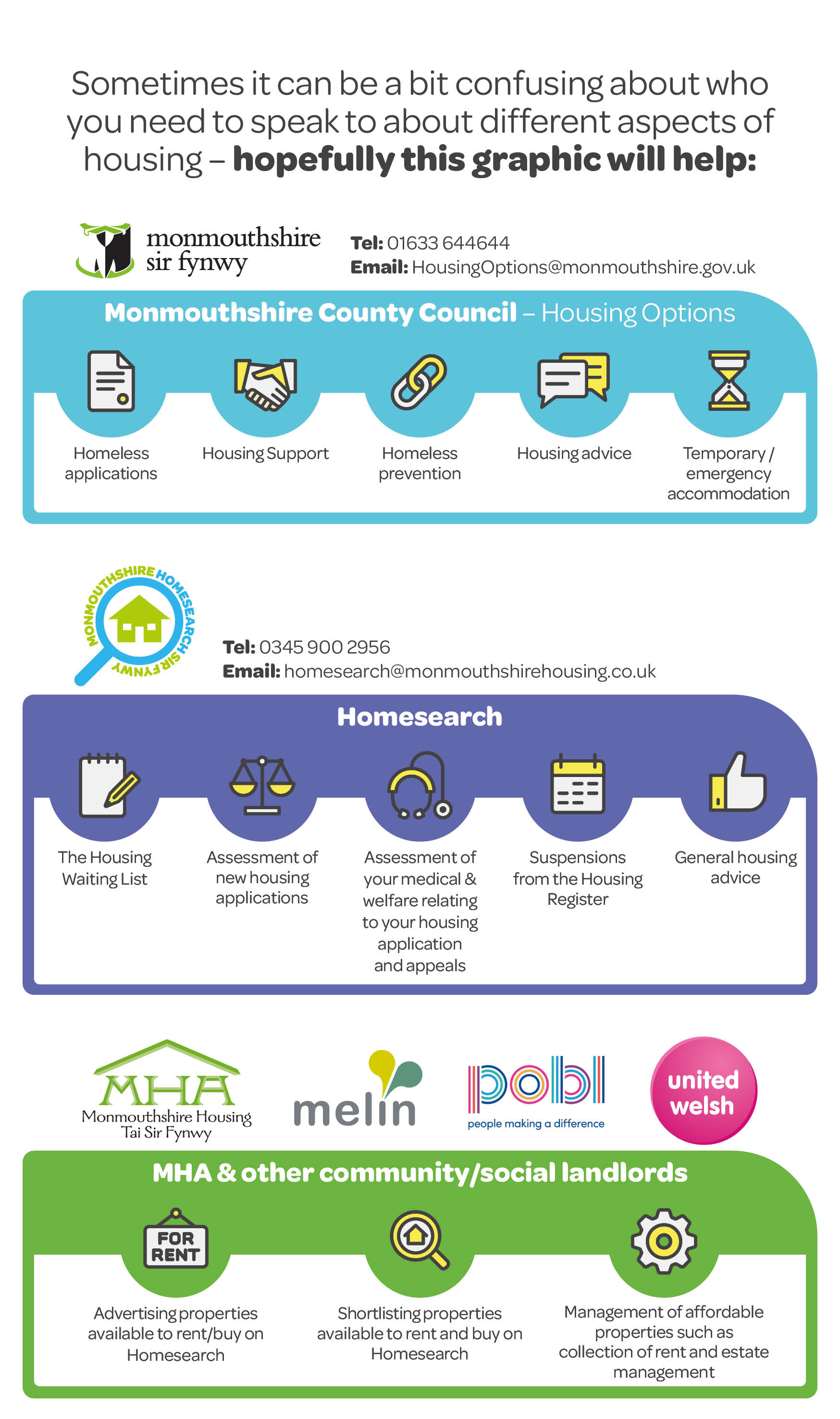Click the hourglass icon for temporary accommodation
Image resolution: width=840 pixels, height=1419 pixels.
point(729,381)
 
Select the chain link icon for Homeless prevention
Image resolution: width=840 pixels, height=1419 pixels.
point(419,382)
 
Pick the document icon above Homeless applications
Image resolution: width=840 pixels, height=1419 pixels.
point(111,381)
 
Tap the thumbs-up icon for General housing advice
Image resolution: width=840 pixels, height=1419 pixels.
point(737,782)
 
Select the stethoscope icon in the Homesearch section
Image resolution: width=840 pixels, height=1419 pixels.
point(420,785)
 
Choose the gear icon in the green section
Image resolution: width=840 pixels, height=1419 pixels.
point(663,1241)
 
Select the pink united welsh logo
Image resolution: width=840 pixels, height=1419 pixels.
point(703,1091)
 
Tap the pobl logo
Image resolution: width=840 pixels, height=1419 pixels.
point(536,1092)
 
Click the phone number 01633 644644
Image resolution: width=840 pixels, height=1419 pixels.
point(448,243)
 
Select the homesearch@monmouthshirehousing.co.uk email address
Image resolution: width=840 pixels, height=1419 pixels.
point(470,671)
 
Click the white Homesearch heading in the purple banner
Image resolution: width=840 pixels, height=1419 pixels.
point(420,716)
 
